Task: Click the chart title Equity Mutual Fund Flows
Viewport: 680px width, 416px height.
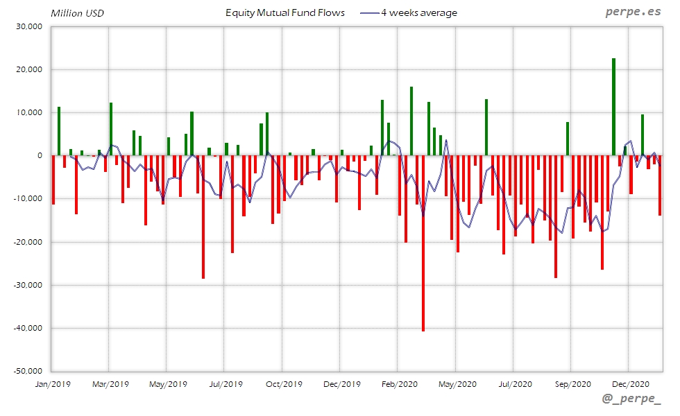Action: (285, 13)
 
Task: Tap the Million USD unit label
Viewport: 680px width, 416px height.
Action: (78, 13)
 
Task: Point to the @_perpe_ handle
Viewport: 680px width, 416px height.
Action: (631, 401)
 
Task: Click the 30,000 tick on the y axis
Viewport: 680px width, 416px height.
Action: (30, 27)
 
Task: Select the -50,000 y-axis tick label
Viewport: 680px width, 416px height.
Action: (28, 371)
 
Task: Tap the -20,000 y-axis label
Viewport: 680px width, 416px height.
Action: (28, 242)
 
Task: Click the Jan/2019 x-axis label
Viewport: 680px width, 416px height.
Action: (52, 383)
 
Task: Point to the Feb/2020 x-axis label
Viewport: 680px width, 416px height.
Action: (398, 383)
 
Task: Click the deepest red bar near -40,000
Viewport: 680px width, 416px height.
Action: (423, 243)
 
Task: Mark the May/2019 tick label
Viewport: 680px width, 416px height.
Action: (168, 383)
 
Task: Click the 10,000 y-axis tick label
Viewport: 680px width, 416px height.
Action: (30, 113)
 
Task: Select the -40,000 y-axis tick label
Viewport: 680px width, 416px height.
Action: (28, 328)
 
